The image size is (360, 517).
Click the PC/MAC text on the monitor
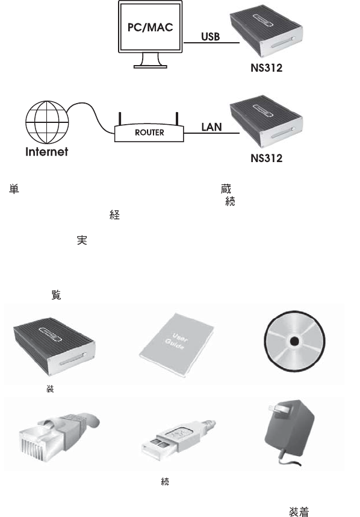150,27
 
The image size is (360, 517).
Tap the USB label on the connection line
211,36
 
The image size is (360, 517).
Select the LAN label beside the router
211,127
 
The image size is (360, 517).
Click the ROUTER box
149,133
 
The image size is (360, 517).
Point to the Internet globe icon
47,122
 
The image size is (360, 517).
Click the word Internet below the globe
47,152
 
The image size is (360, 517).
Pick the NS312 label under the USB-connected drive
267,68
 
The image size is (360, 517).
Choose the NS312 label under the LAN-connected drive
267,158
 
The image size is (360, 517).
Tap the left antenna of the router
120,119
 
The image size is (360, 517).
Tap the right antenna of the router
177,119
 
